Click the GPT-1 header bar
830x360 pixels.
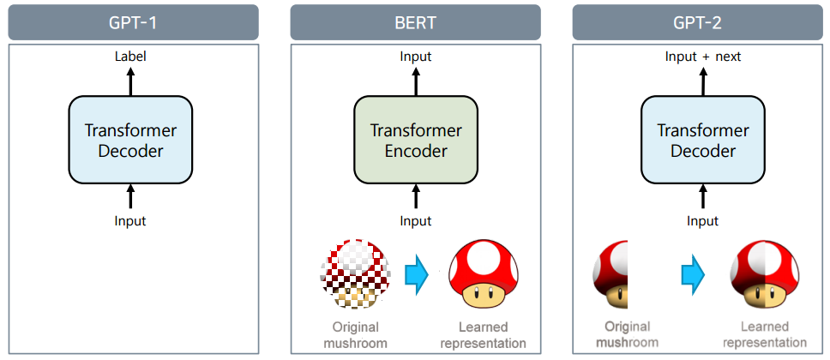133,22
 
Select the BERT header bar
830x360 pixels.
416,22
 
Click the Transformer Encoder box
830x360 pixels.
416,141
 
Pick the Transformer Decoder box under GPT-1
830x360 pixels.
130,141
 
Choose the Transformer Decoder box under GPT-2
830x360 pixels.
703,141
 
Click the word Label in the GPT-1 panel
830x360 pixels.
130,57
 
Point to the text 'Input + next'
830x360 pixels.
703,57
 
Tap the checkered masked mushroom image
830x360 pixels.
356,273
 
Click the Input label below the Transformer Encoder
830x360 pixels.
416,221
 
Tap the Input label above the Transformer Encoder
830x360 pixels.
416,57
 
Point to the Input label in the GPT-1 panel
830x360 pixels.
130,221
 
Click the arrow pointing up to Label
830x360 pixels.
130,81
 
